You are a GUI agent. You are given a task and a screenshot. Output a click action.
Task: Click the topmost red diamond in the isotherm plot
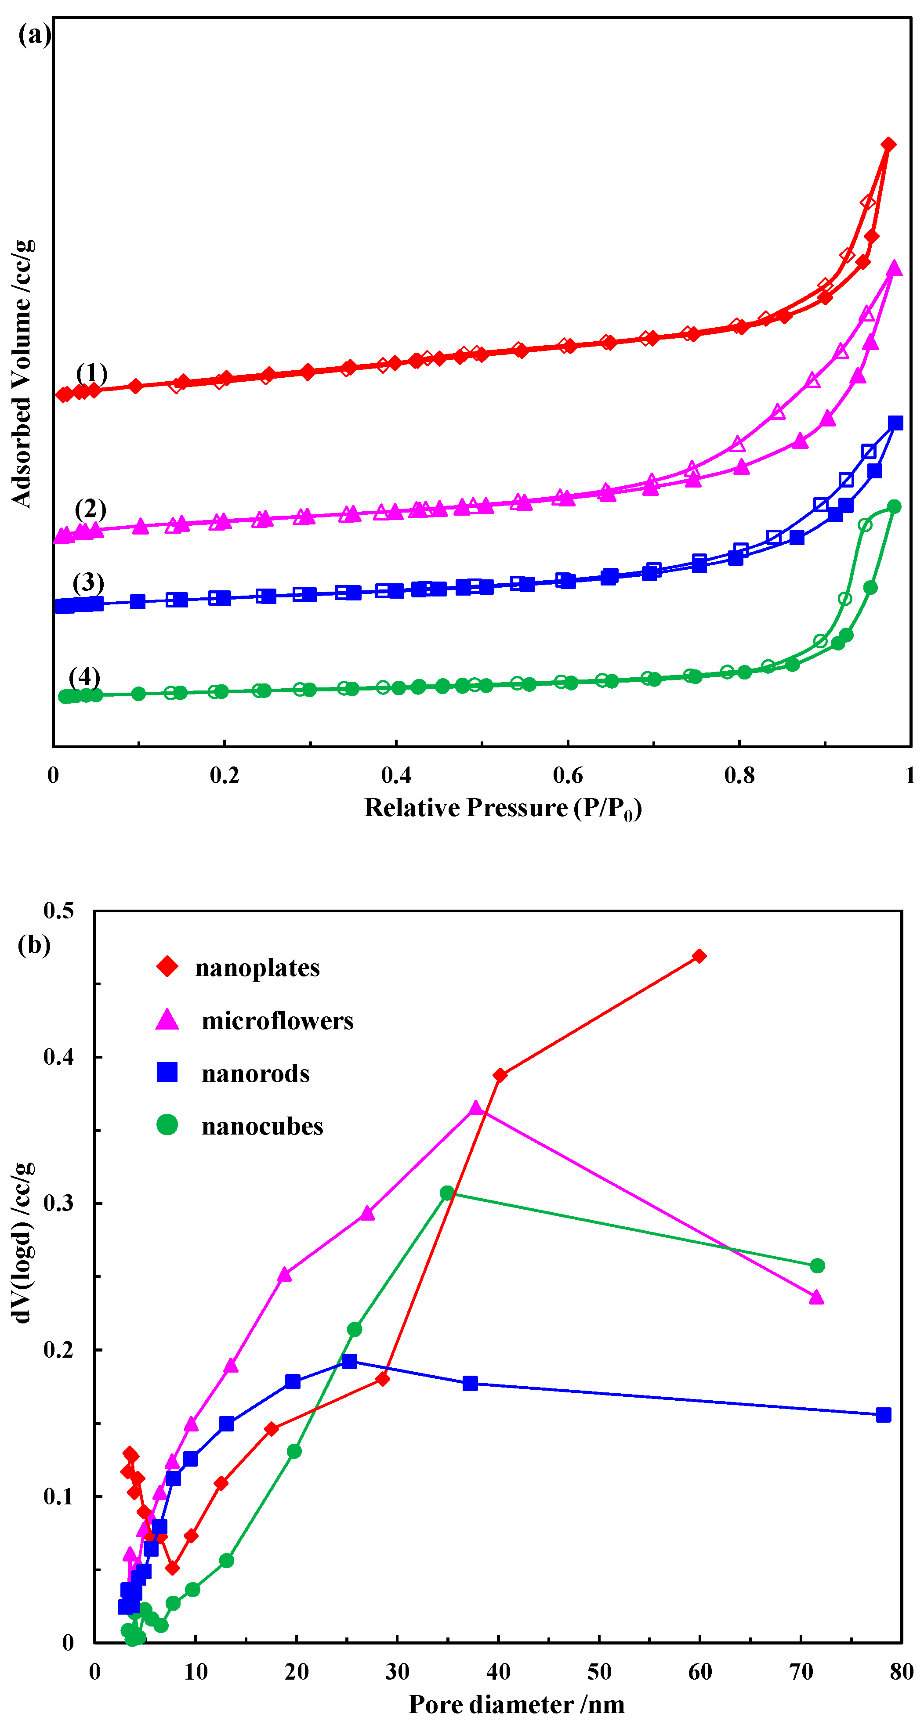coord(888,145)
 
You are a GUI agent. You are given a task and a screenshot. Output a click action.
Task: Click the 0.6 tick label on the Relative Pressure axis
coord(567,776)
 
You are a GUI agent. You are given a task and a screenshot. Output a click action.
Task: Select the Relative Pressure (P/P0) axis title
coord(503,809)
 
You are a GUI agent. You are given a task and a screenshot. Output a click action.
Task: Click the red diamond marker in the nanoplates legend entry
coord(167,966)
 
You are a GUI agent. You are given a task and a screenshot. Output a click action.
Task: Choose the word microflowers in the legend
coord(277,1021)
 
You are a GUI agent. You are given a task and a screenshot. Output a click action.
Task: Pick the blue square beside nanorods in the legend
coord(167,1073)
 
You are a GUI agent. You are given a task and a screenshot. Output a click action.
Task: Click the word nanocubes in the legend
coord(262,1126)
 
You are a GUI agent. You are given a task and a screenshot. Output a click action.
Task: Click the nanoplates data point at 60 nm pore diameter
coord(699,956)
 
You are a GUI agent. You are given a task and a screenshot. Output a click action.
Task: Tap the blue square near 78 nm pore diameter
coord(883,1415)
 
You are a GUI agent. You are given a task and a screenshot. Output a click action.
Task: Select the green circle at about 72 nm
coord(817,1265)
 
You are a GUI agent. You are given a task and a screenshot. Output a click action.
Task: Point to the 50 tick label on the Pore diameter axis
coord(599,1672)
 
